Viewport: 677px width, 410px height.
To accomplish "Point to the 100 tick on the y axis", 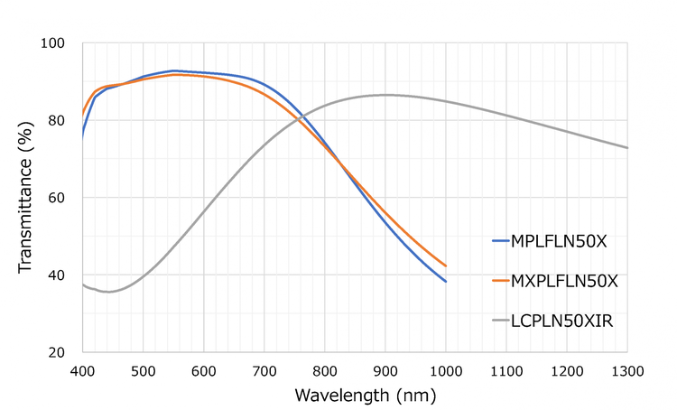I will pyautogui.click(x=54, y=43).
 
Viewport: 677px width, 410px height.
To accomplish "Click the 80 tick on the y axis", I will pyautogui.click(x=58, y=120).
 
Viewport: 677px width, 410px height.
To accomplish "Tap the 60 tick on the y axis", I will pyautogui.click(x=58, y=198).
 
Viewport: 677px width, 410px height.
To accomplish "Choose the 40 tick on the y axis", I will pyautogui.click(x=58, y=275).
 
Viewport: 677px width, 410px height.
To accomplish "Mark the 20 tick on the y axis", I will pyautogui.click(x=58, y=352).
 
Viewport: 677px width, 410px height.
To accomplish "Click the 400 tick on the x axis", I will pyautogui.click(x=82, y=369).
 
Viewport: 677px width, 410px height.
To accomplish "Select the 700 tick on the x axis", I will pyautogui.click(x=264, y=369).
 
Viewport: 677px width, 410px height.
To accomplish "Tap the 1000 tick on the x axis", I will pyautogui.click(x=445, y=369).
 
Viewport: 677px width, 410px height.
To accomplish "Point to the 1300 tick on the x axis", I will pyautogui.click(x=626, y=369).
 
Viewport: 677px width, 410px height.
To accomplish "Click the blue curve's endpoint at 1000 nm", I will pyautogui.click(x=445, y=281).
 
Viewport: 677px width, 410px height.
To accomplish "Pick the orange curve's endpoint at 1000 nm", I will pyautogui.click(x=445, y=266).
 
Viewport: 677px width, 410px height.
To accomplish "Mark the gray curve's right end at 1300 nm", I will pyautogui.click(x=626, y=148).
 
